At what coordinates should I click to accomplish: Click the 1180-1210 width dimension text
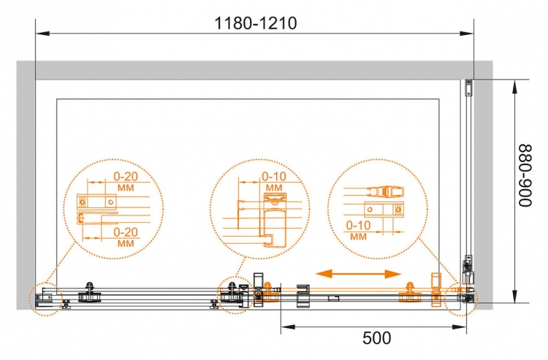pyautogui.click(x=256, y=23)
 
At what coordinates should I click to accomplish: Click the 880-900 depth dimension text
pyautogui.click(x=524, y=176)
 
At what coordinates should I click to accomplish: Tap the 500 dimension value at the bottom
pyautogui.click(x=377, y=338)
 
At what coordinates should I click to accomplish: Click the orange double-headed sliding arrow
pyautogui.click(x=358, y=274)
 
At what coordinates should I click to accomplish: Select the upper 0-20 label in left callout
pyautogui.click(x=126, y=176)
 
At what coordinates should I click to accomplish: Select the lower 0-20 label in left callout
pyautogui.click(x=126, y=232)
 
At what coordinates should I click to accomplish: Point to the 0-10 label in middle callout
pyautogui.click(x=274, y=176)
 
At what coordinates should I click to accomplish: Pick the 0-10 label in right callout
pyautogui.click(x=358, y=225)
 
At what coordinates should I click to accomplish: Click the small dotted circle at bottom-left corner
pyautogui.click(x=45, y=299)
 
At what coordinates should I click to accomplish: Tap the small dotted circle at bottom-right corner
pyautogui.click(x=461, y=299)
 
